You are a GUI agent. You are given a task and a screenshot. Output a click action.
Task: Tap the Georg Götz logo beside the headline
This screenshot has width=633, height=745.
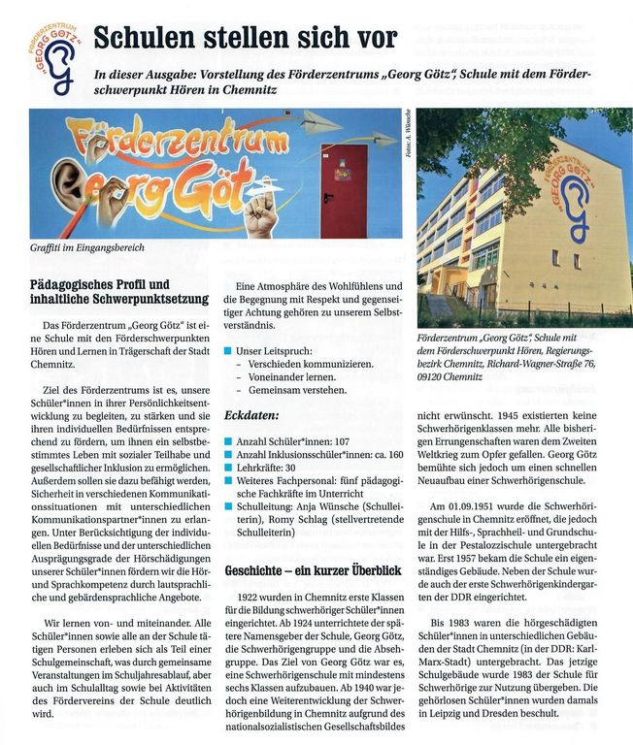tap(57, 59)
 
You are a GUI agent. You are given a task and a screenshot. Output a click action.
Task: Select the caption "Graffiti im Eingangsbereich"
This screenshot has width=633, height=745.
tap(86, 248)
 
